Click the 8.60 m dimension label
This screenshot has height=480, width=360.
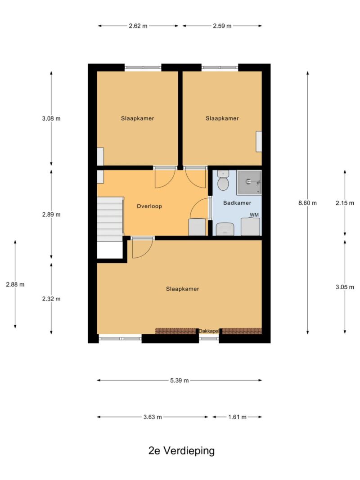pos(307,202)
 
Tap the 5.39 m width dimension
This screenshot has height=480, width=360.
pos(180,381)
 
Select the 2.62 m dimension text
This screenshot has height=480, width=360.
pos(138,26)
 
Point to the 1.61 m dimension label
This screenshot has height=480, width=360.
pos(237,417)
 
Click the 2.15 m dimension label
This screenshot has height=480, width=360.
pos(345,203)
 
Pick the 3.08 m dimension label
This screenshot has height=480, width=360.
pos(51,118)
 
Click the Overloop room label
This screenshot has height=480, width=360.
pos(149,206)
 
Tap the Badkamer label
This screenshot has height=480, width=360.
pos(237,203)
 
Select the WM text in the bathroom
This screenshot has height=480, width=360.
pos(254,215)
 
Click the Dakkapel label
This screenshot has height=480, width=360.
pos(208,331)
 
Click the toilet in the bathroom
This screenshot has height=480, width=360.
pos(223,180)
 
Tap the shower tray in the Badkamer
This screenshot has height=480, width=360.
pos(249,182)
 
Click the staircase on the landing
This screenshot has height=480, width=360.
pos(110,220)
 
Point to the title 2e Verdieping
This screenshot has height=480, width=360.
pos(181,451)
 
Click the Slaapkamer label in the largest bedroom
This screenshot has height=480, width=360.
pos(182,289)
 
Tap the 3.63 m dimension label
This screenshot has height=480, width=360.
pos(153,417)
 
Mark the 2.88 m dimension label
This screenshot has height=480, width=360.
pos(15,285)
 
